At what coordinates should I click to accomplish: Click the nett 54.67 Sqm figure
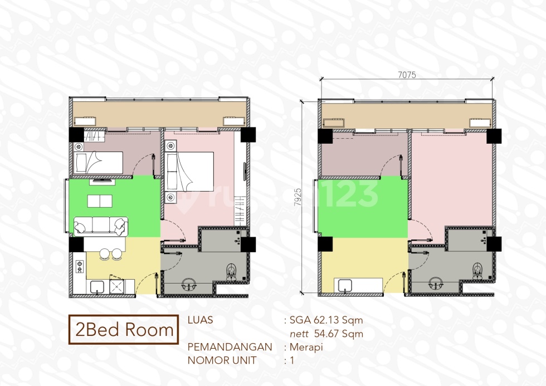[326, 334]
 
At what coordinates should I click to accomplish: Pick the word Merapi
[306, 347]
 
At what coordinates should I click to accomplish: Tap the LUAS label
[201, 320]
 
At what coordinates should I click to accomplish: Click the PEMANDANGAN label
[230, 347]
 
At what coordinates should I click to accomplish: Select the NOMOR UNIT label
[221, 360]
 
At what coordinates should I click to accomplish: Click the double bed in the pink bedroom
[189, 169]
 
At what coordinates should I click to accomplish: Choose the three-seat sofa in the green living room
[100, 226]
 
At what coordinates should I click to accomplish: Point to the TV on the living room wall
[102, 180]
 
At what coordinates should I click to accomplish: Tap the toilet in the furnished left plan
[232, 272]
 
